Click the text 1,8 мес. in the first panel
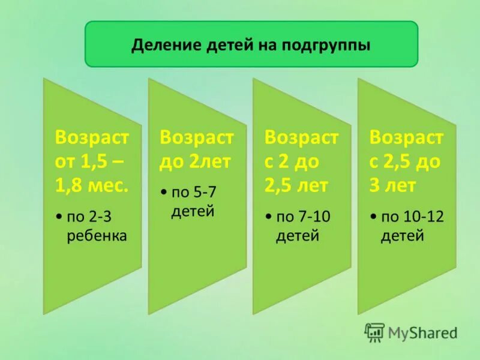pyautogui.click(x=92, y=185)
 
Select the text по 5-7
pyautogui.click(x=193, y=193)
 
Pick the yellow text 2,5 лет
pyautogui.click(x=296, y=185)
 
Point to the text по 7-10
pyautogui.click(x=303, y=217)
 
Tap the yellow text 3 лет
pyautogui.click(x=392, y=185)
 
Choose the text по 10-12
pyautogui.click(x=412, y=217)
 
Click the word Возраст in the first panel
pyautogui.click(x=92, y=137)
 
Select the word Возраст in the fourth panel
pyautogui.click(x=406, y=137)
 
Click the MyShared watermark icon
pyautogui.click(x=374, y=332)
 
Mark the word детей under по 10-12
pyautogui.click(x=402, y=235)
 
